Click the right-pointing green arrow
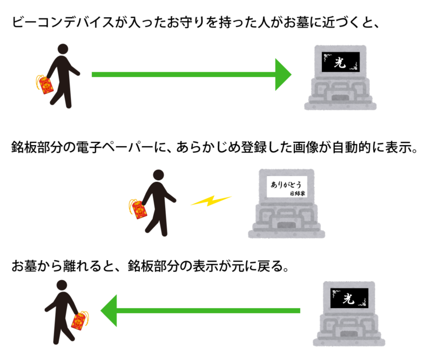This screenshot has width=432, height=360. (x=189, y=74)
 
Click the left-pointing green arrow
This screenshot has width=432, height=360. (x=205, y=310)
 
